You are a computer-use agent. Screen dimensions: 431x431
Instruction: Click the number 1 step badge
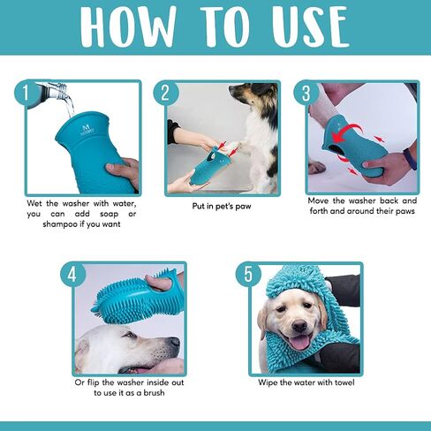(26, 94)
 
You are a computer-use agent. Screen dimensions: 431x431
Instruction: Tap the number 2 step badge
(166, 94)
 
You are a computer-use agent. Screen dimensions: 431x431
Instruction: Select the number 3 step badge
(306, 94)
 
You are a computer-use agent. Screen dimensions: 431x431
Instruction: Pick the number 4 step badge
(72, 275)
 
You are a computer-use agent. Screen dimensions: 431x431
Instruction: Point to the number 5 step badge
(248, 275)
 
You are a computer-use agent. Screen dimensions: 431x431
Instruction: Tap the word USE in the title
(311, 27)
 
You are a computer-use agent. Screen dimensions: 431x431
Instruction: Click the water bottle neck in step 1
(60, 88)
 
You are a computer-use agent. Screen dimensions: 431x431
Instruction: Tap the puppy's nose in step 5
(299, 326)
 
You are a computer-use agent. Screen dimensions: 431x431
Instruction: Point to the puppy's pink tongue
(299, 343)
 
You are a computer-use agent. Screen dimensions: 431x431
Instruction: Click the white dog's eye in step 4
(131, 336)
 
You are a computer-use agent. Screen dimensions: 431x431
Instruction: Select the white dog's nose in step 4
(175, 342)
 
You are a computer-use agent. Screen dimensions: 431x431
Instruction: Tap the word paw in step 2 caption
(243, 207)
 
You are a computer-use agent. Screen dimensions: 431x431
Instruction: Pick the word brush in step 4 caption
(154, 393)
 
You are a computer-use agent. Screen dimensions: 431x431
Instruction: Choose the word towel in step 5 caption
(344, 382)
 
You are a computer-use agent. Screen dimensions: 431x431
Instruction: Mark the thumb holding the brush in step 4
(157, 282)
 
